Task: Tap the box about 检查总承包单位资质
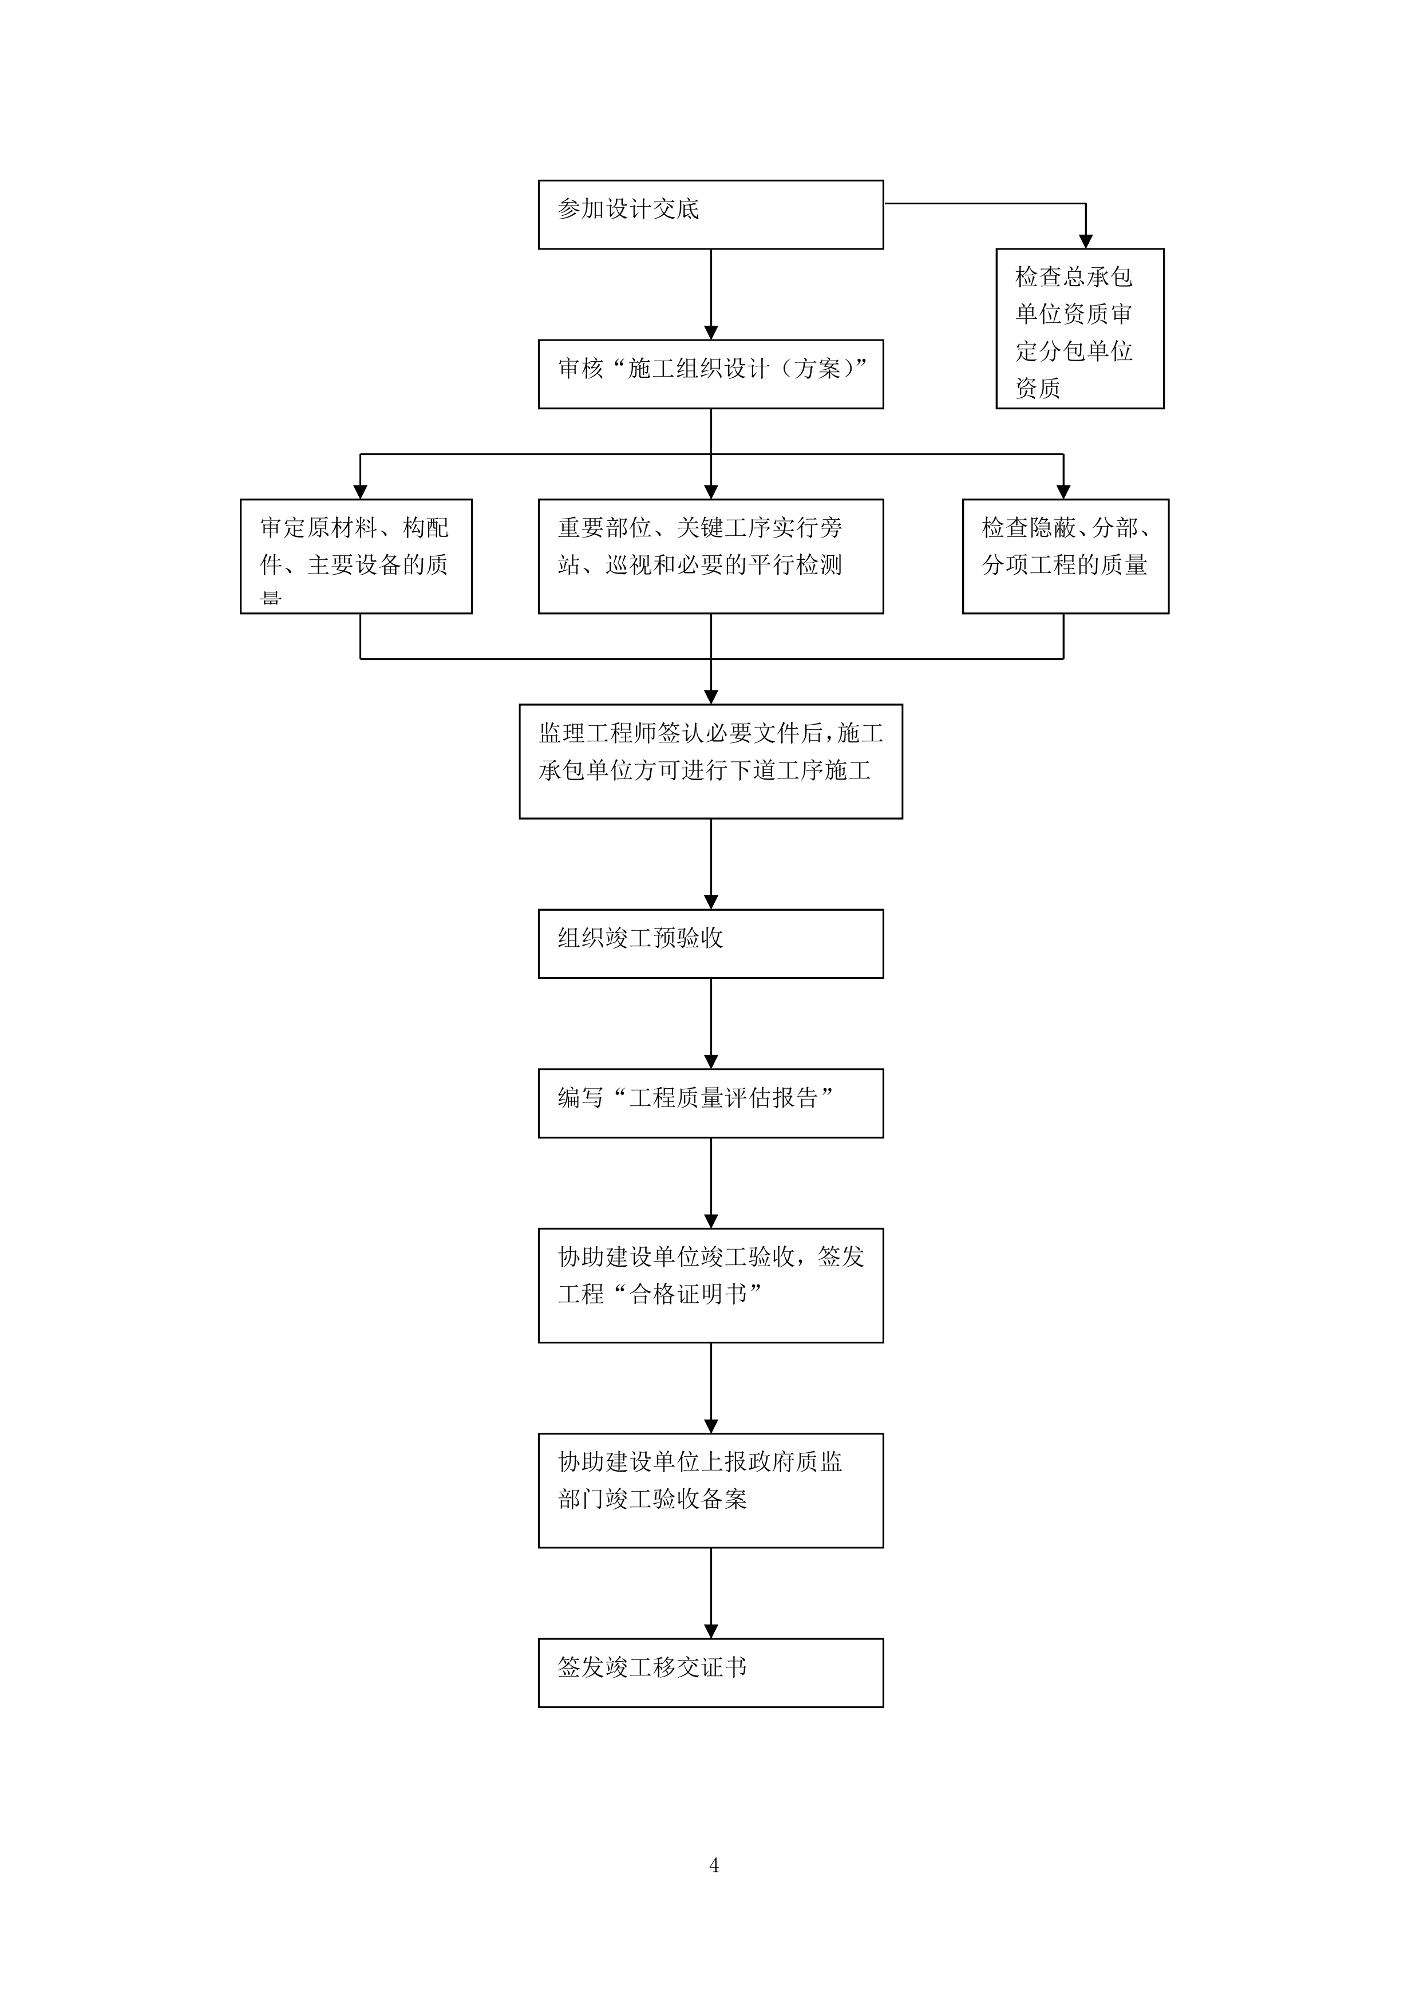(1080, 328)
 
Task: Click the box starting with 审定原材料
(356, 556)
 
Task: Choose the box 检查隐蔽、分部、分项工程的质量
(1065, 556)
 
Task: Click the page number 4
(714, 1866)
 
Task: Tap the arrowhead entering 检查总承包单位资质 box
(1085, 242)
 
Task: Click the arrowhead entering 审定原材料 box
(360, 492)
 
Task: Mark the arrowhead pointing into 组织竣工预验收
(711, 902)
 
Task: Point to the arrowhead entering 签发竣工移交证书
(711, 1631)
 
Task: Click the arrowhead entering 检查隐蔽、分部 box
(1063, 492)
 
